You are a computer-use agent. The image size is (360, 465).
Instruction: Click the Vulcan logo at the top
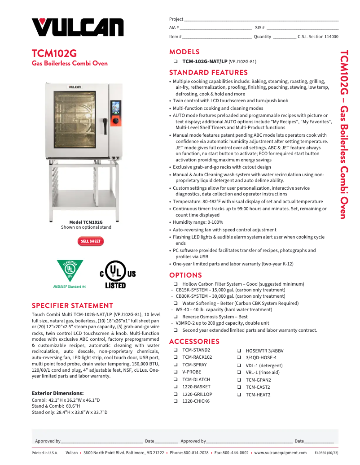77,27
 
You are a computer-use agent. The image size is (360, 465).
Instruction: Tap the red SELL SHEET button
91,241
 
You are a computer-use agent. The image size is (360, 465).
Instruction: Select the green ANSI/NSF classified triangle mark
70,270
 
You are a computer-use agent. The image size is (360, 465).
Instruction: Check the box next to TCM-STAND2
176,350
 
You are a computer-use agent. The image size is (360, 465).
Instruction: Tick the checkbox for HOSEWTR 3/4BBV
239,351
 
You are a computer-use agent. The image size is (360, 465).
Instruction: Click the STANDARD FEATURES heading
208,72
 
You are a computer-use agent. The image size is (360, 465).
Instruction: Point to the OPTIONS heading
185,275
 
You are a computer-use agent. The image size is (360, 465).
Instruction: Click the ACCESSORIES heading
194,341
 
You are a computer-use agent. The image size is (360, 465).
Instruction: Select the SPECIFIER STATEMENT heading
72,305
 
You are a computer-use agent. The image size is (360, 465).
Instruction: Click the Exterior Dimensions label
57,393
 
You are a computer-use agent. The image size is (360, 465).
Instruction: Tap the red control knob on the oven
115,121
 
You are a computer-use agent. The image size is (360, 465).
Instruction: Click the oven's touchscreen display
115,108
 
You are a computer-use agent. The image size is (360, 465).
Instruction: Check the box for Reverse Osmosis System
176,317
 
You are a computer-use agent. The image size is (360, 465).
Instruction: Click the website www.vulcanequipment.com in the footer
281,453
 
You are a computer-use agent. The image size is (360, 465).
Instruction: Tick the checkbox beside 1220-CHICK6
176,401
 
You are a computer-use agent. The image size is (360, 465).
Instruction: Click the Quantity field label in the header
262,37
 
